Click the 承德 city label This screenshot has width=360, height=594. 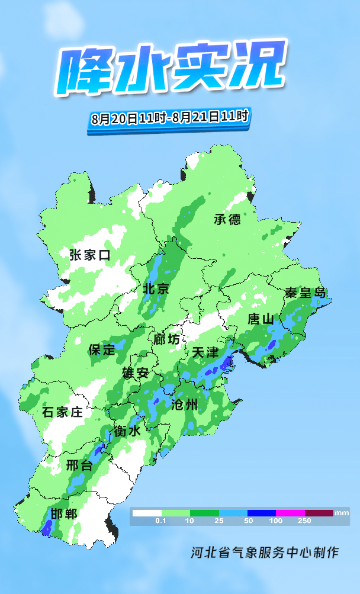tap(227, 219)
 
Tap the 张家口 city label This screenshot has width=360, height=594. tap(90, 255)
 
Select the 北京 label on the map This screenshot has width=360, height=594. tap(156, 290)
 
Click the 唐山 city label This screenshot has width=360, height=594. tap(261, 319)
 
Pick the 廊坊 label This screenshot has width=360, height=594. tap(166, 339)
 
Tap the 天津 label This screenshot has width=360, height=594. tap(205, 352)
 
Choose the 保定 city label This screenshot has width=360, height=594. tap(102, 349)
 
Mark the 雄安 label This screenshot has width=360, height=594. tap(135, 374)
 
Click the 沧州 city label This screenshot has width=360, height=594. tap(184, 405)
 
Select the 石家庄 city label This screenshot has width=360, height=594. tap(63, 412)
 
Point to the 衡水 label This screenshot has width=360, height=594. tap(127, 432)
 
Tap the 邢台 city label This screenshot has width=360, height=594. tap(79, 465)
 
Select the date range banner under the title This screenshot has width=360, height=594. tap(169, 117)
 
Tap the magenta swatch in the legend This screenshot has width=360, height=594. tap(290, 512)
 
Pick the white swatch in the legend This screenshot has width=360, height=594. tap(146, 512)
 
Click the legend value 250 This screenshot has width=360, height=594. tap(304, 521)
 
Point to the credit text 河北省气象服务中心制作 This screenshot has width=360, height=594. tap(264, 553)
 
